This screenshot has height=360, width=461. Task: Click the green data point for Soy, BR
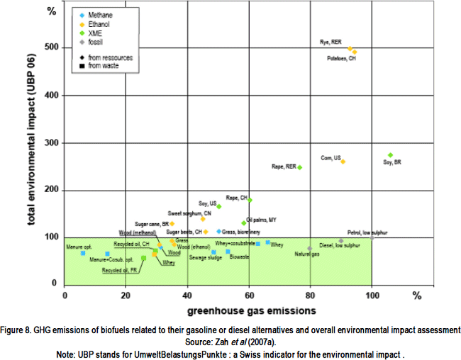[x=390, y=155]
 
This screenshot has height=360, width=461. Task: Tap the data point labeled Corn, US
[x=343, y=162]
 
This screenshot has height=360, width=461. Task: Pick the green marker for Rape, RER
[x=299, y=167]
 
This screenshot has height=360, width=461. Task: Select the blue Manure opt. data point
[x=83, y=253]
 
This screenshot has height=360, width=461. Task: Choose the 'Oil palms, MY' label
[x=260, y=220]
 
